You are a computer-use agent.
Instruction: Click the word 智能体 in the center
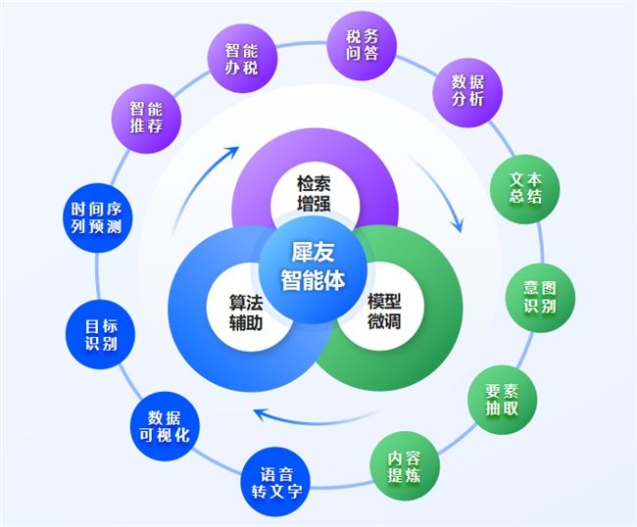click(313, 278)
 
